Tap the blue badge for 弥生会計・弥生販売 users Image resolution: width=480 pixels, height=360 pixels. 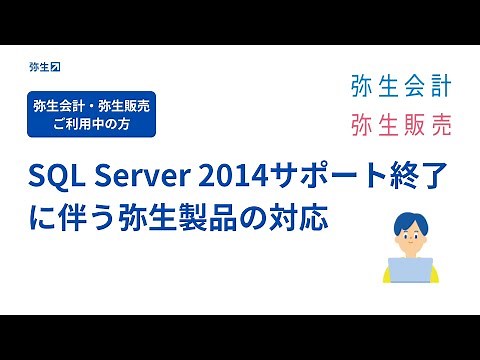point(93,117)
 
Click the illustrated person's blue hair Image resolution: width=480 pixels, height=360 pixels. point(409,219)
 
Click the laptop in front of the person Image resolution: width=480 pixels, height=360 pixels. point(409,270)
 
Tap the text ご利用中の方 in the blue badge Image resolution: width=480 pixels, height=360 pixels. point(93,126)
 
